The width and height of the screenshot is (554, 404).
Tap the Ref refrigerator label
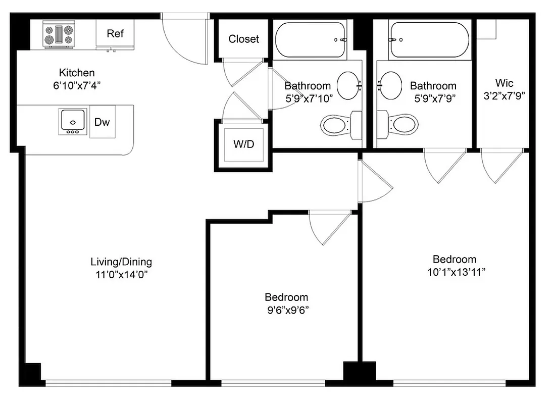pyautogui.click(x=115, y=34)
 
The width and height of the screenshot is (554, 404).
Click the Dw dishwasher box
pyautogui.click(x=102, y=122)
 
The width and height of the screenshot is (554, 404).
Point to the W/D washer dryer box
pyautogui.click(x=243, y=144)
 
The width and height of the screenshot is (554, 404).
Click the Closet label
pyautogui.click(x=243, y=39)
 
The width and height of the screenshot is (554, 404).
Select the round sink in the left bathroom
pyautogui.click(x=348, y=85)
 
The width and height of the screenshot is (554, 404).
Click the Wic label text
pyautogui.click(x=503, y=83)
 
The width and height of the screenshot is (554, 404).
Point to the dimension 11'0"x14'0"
pyautogui.click(x=121, y=275)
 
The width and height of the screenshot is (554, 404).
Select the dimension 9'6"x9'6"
pyautogui.click(x=286, y=310)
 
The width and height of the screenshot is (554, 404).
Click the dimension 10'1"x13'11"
pyautogui.click(x=455, y=272)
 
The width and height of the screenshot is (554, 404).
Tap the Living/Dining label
pyautogui.click(x=121, y=262)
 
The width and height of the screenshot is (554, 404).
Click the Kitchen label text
pyautogui.click(x=77, y=73)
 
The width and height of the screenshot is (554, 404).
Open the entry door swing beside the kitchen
pyautogui.click(x=184, y=40)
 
